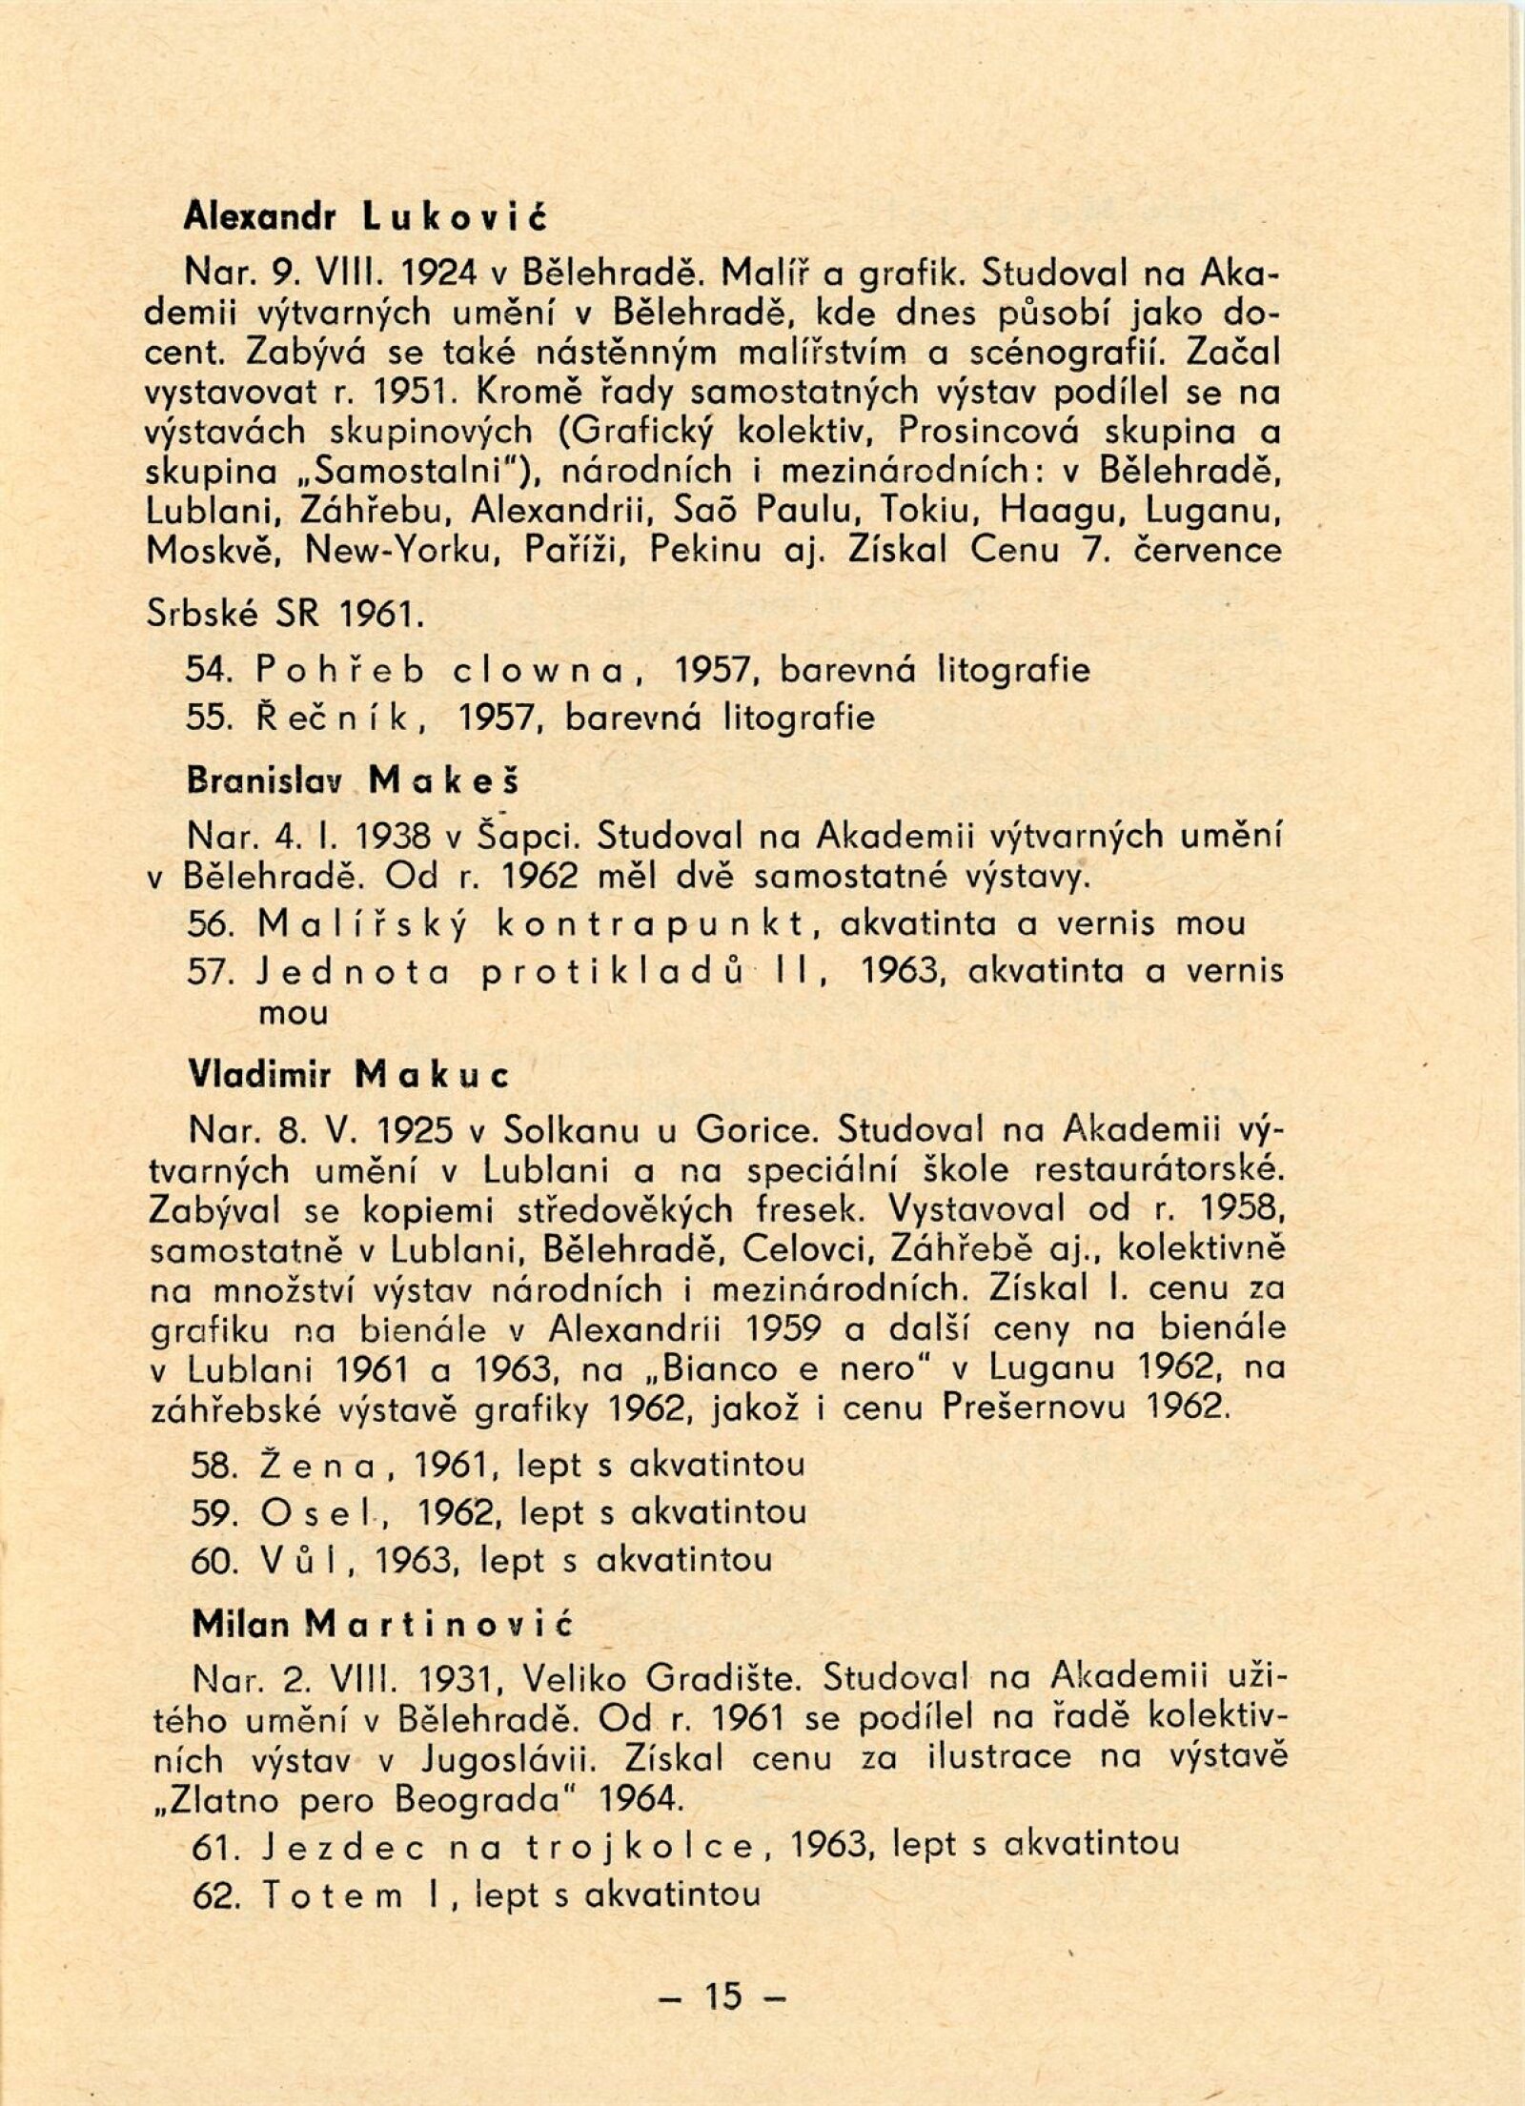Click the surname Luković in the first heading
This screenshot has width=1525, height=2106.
[455, 218]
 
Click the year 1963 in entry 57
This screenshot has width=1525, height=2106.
[902, 970]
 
